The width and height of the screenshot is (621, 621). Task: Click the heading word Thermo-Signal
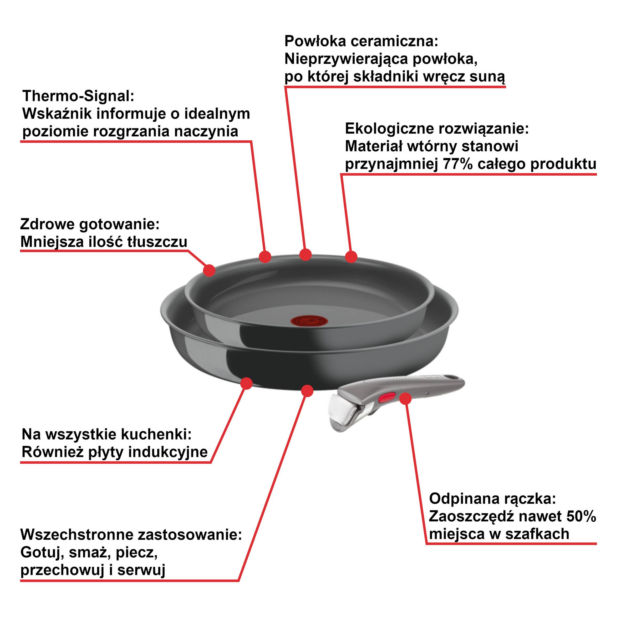pyautogui.click(x=78, y=96)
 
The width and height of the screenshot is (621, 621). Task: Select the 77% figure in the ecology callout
pyautogui.click(x=458, y=164)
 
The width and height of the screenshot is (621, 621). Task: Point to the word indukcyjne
pyautogui.click(x=168, y=452)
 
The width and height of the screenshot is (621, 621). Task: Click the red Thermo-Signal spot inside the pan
pyautogui.click(x=304, y=320)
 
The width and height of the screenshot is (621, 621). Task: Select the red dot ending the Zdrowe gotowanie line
pyautogui.click(x=209, y=270)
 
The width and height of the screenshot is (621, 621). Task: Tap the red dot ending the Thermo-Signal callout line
pyautogui.click(x=265, y=257)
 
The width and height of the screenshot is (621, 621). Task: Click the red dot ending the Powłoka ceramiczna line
pyautogui.click(x=305, y=254)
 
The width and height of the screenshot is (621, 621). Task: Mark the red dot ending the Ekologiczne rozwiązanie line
pyautogui.click(x=351, y=257)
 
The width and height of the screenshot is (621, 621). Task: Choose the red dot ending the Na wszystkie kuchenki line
pyautogui.click(x=247, y=383)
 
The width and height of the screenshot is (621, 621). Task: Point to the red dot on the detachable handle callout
pyautogui.click(x=406, y=399)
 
